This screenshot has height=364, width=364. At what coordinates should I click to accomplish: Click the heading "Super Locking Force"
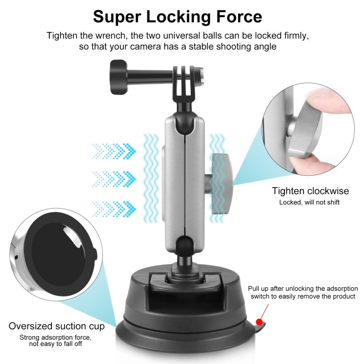click(x=178, y=16)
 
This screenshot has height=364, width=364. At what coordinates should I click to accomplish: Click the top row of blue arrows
click(x=114, y=150)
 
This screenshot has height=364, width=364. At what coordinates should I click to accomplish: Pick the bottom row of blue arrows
click(x=114, y=209)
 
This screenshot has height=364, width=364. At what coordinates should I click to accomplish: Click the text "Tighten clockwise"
click(x=310, y=191)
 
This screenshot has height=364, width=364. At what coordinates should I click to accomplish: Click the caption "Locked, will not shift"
click(x=309, y=202)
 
